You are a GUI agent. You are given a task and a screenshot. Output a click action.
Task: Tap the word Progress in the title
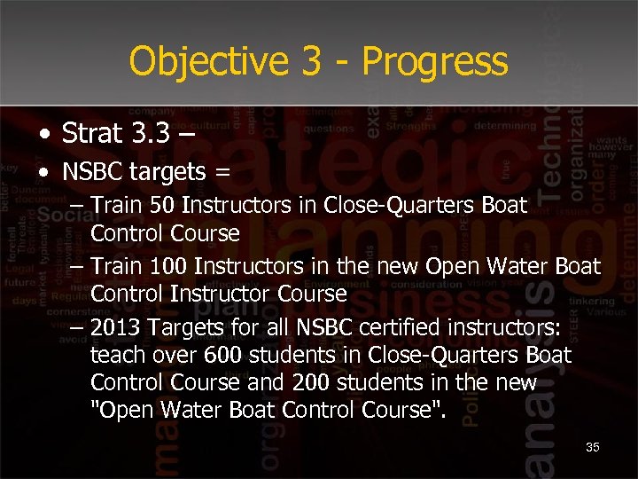pos(435,62)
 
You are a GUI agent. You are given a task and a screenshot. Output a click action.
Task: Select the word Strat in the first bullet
pos(92,133)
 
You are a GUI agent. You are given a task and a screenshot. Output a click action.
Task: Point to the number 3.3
pos(151,133)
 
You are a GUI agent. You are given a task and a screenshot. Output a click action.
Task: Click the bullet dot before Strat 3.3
pos(45,134)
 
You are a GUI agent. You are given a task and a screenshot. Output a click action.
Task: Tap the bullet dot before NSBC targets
pos(45,172)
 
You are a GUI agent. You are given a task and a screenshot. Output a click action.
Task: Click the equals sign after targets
pos(222,172)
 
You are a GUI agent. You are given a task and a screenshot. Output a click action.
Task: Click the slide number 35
pos(592,447)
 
